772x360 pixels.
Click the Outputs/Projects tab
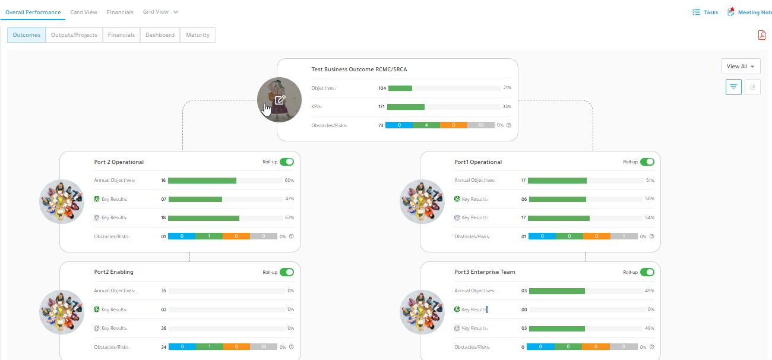click(x=74, y=35)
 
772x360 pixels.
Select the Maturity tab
click(x=198, y=35)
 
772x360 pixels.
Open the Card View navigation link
click(x=84, y=12)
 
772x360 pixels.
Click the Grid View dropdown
click(x=160, y=12)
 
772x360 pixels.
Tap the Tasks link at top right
click(x=705, y=12)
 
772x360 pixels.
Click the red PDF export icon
click(x=762, y=35)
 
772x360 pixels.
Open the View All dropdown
click(x=741, y=66)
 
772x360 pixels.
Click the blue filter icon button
click(x=733, y=87)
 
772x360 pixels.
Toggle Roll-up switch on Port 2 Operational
click(x=287, y=162)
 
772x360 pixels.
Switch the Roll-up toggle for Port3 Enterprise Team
click(x=647, y=272)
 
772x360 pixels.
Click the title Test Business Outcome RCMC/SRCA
click(x=359, y=70)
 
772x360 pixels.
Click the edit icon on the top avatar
click(x=280, y=100)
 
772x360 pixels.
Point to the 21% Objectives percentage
click(x=507, y=87)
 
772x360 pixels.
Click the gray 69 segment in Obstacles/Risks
click(x=481, y=125)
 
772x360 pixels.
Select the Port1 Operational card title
click(x=478, y=162)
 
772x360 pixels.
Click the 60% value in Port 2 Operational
click(x=290, y=180)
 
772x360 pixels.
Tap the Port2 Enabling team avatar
click(x=62, y=312)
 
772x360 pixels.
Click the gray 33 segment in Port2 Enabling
click(x=264, y=346)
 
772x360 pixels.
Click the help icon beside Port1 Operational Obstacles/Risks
click(x=651, y=236)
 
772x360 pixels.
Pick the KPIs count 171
click(x=381, y=106)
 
